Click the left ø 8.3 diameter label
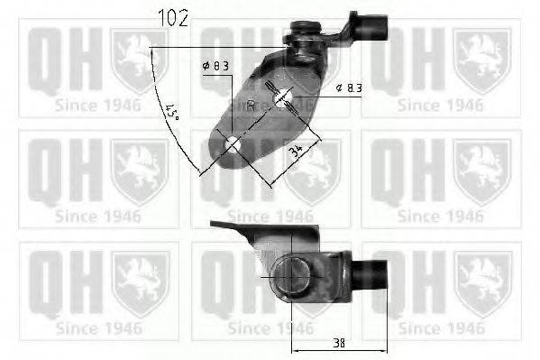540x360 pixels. click(216, 65)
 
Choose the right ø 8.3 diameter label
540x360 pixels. click(348, 87)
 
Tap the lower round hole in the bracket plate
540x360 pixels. click(233, 143)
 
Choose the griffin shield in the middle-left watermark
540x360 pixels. click(140, 171)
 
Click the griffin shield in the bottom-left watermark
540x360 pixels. click(140, 282)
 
